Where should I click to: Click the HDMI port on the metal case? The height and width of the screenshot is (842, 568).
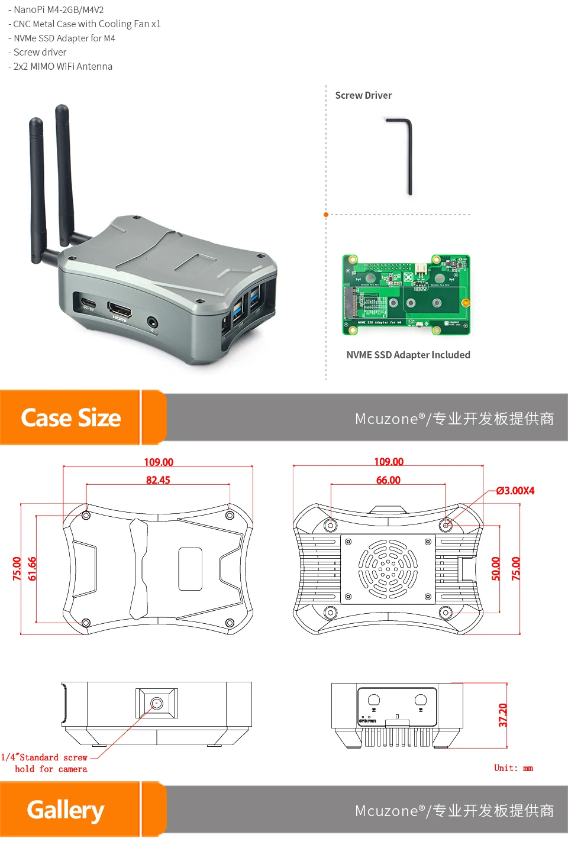[119, 309]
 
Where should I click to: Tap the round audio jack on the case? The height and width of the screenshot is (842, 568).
[153, 322]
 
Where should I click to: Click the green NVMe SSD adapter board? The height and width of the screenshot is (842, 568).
[406, 294]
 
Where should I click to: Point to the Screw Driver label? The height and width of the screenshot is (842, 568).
[363, 95]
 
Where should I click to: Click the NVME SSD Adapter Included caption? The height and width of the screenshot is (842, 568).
[408, 355]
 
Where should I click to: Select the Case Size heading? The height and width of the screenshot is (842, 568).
[71, 418]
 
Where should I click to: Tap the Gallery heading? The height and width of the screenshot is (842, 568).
[66, 810]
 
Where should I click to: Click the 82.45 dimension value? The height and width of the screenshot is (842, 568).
[158, 480]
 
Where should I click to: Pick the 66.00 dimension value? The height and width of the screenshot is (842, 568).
[388, 480]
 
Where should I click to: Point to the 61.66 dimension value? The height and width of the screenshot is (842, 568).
[32, 568]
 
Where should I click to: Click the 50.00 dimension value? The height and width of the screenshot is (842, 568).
[496, 568]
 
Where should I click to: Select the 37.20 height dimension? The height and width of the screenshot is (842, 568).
[503, 715]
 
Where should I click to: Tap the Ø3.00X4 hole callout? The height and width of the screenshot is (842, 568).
[515, 491]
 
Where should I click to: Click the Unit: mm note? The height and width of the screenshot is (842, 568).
[514, 768]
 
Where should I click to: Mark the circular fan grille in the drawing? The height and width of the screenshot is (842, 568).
[388, 569]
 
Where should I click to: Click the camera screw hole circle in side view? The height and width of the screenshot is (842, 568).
[157, 703]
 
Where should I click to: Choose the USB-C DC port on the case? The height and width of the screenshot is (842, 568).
[86, 300]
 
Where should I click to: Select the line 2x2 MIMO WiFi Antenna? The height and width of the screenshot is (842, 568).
[60, 66]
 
